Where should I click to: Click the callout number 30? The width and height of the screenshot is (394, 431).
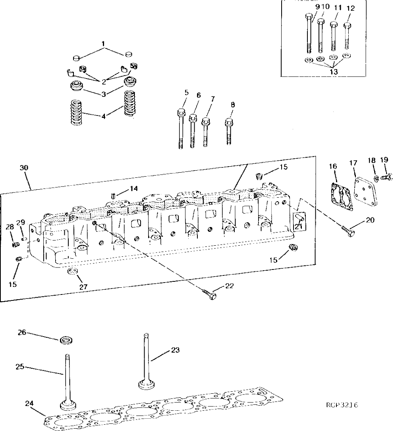[x=24, y=168]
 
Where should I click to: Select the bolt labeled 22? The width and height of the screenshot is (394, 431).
[x=209, y=294]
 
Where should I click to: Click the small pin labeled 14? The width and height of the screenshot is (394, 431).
[x=112, y=195]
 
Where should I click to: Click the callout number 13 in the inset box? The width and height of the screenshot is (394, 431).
[x=334, y=71]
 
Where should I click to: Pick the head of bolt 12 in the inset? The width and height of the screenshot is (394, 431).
[x=348, y=25]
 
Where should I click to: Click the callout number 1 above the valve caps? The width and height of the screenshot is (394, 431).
[x=104, y=43]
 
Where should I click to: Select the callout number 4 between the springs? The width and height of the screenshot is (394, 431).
[x=104, y=116]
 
